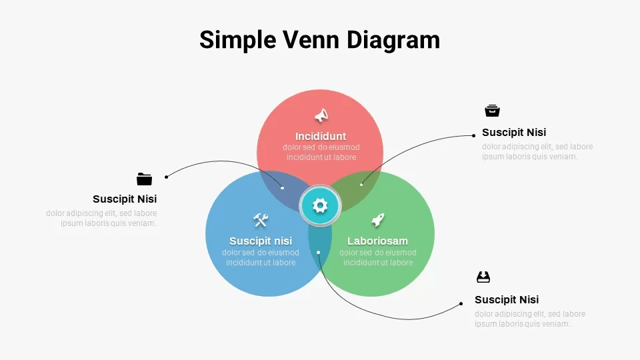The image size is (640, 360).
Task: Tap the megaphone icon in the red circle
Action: pos(321,115)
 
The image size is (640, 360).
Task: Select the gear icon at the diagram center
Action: pos(320,205)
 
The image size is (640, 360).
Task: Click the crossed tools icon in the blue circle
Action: pos(261,220)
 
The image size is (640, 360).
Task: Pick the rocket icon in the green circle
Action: pos(378,220)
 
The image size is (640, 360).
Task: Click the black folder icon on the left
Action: pos(144,179)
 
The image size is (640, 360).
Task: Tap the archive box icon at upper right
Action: pos(492,111)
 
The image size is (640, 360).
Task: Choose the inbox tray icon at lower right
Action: pos(483,277)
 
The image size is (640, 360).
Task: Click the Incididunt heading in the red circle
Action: pos(321,136)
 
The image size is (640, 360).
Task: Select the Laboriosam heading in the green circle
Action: pos(377,241)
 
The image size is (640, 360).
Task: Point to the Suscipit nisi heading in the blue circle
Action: pos(261,241)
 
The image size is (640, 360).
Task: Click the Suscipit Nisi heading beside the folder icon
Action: pos(125,199)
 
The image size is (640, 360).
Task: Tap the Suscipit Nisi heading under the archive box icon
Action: pos(514,132)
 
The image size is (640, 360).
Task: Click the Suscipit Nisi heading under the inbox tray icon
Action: pos(507,299)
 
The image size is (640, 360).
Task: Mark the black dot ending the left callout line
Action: pos(166,177)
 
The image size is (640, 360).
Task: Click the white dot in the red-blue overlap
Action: pos(282,188)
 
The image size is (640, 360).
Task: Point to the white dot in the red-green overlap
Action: pos(361,185)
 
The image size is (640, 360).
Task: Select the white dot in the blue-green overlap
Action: pos(319,252)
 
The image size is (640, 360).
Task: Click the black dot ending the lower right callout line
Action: pos(461,304)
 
